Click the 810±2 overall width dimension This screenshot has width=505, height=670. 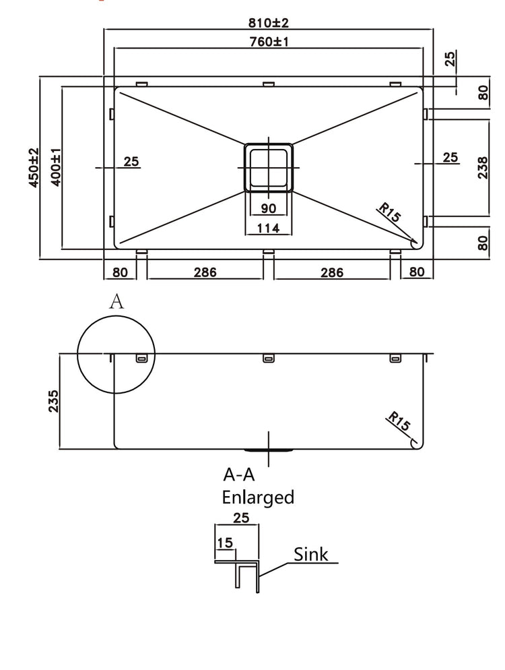pos(269,22)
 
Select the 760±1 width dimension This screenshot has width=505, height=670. pos(269,42)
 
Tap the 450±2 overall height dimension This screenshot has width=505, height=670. pos(33,169)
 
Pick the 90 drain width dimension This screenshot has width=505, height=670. pos(268,208)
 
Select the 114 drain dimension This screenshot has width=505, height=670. pos(268,229)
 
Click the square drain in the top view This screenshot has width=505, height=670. pos(268,166)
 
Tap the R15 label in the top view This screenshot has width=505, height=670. pos(390,214)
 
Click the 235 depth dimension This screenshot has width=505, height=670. pos(54,400)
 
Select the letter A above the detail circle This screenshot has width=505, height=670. pos(116,302)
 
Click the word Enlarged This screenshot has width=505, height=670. pos(259,497)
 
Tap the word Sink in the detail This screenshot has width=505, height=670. pos(311,554)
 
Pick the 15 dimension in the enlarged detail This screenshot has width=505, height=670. pos(225,543)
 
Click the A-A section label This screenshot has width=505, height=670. pos(240,475)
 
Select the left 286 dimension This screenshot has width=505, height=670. pos(205,272)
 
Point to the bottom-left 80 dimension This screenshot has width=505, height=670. pos(120,272)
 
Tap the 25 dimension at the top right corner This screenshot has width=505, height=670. pos(450,59)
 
